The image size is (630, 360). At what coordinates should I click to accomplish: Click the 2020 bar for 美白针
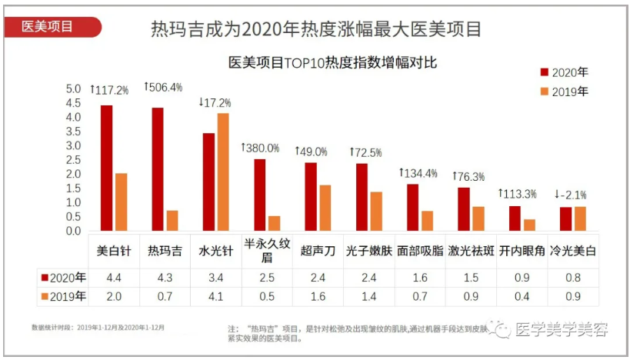tap(107, 168)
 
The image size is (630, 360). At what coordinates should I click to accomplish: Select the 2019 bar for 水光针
tap(223, 172)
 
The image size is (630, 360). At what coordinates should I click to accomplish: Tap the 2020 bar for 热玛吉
tap(158, 169)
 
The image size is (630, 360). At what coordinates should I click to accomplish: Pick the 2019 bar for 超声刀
tap(325, 208)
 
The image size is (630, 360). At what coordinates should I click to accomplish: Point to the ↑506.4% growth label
tap(163, 88)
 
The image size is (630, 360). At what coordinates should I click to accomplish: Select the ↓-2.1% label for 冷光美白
tap(575, 194)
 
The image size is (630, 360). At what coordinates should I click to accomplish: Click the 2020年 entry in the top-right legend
tap(565, 72)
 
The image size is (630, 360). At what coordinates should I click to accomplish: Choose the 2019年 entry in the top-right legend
tap(565, 92)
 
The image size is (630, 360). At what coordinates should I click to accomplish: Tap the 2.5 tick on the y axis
tap(73, 160)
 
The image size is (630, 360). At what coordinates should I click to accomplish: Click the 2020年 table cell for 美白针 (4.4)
tap(113, 277)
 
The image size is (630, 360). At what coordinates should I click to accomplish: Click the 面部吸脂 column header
tap(418, 251)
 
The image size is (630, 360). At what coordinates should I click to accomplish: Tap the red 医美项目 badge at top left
tap(49, 26)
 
